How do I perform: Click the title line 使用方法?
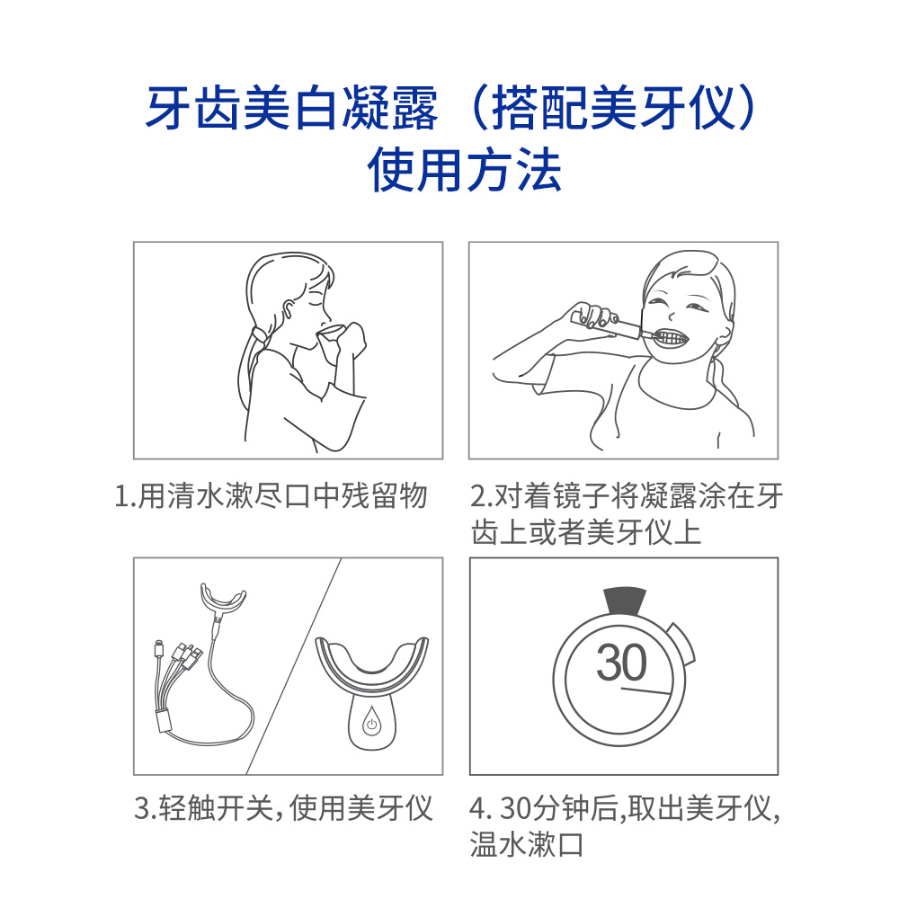tap(465, 170)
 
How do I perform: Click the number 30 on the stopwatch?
tap(621, 663)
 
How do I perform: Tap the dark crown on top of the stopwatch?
tap(625, 601)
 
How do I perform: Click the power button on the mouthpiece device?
tap(371, 724)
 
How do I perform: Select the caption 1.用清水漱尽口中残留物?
tap(271, 496)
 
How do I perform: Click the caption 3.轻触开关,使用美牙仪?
tap(283, 808)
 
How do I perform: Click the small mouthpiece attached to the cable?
tap(222, 600)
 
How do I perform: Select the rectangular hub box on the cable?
tap(164, 720)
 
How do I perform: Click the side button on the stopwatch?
tap(682, 644)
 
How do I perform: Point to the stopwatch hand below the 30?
tap(646, 690)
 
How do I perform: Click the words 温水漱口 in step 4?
tap(526, 844)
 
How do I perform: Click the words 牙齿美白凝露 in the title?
tap(291, 108)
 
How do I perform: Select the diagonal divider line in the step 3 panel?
tap(294, 666)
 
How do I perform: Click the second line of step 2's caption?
tap(586, 532)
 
